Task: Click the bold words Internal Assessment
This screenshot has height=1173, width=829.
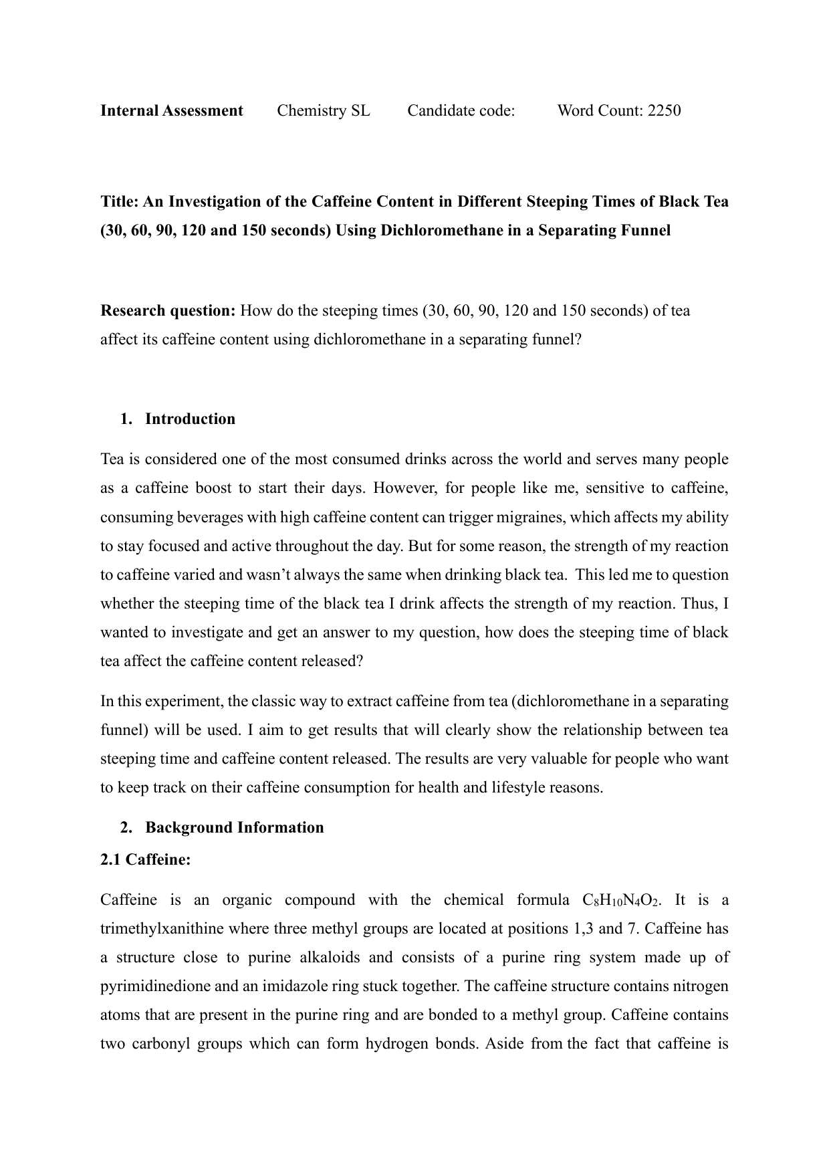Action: (x=171, y=110)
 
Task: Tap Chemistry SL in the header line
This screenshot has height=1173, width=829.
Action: (x=323, y=110)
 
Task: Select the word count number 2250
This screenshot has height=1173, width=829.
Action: (x=664, y=110)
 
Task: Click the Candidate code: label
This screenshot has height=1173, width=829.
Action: (x=461, y=110)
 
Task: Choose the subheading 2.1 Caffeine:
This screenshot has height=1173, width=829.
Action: (x=145, y=859)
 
